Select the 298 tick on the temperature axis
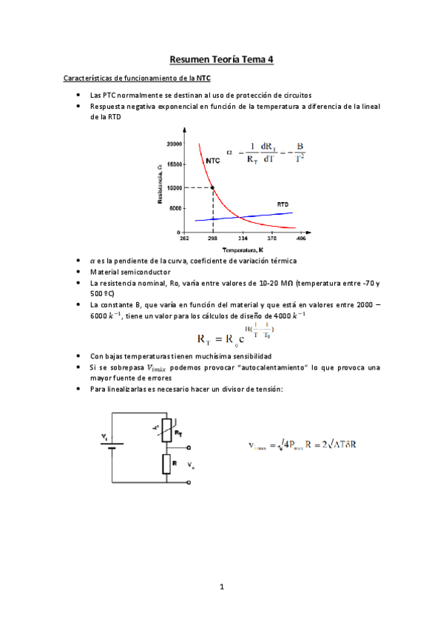(212, 239)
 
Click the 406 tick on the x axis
(301, 239)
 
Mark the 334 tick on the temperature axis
(242, 239)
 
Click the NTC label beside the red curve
(212, 161)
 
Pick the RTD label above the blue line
(283, 204)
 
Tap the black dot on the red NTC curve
(213, 188)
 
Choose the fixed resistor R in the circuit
(168, 464)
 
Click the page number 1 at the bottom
(221, 587)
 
